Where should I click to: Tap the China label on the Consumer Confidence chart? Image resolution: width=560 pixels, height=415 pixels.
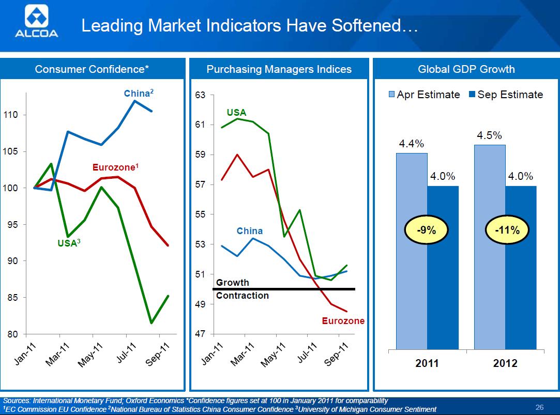pos(139,94)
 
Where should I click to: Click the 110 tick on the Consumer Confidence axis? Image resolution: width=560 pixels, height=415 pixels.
pos(11,115)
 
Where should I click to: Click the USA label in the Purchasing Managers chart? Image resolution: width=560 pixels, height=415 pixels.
pos(236,113)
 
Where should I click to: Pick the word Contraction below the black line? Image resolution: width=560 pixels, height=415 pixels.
pos(242,296)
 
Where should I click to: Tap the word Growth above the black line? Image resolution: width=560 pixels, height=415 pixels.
pos(232,283)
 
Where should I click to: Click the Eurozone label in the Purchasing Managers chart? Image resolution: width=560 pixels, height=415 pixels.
pos(343,321)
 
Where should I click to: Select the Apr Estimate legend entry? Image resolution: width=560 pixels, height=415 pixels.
pos(424,95)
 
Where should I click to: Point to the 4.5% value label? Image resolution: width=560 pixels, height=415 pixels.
pos(489,135)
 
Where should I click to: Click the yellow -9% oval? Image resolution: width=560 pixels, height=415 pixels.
pos(427,230)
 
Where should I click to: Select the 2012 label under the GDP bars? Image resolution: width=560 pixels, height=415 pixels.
pos(505,363)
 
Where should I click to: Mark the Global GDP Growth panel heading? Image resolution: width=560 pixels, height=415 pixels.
pos(466,69)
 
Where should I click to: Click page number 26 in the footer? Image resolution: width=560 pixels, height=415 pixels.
pos(540,406)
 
